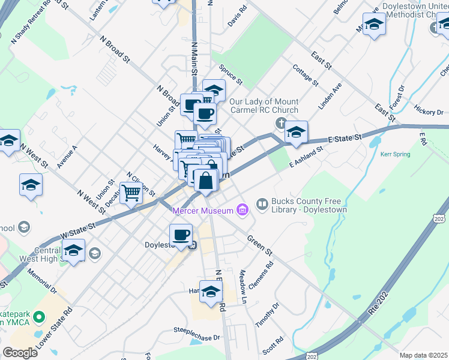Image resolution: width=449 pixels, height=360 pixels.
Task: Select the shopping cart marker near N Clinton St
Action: tap(130, 193)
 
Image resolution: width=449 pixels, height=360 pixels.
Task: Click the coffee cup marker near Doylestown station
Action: tap(181, 235)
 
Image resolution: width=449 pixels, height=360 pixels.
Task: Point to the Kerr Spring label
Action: tap(395, 154)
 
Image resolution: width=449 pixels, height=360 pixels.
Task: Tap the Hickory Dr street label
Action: tap(428, 112)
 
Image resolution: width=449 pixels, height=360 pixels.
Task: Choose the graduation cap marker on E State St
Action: tap(295, 132)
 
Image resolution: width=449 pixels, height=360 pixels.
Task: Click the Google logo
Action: tap(20, 353)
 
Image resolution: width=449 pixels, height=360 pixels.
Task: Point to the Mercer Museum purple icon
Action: tap(242, 210)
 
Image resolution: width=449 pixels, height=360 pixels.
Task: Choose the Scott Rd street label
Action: tap(273, 345)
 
